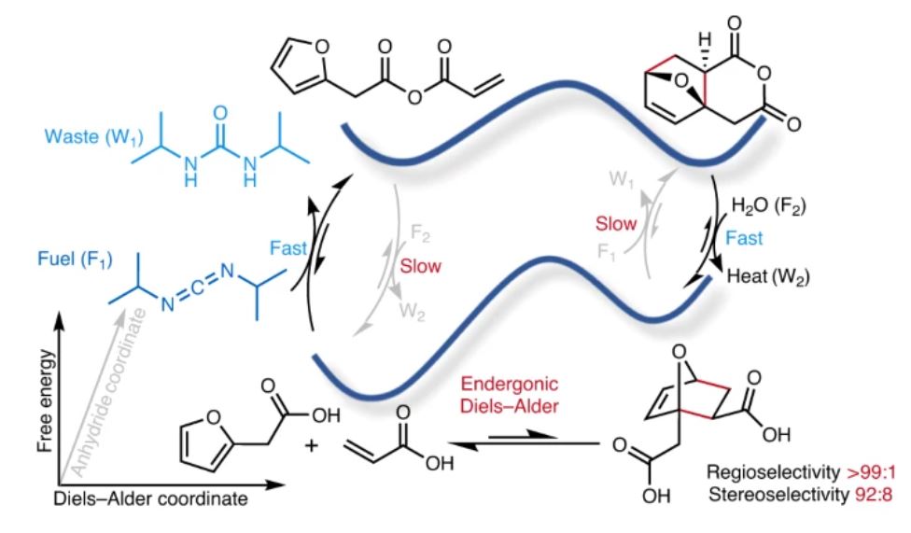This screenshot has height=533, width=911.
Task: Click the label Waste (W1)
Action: (x=71, y=151)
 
